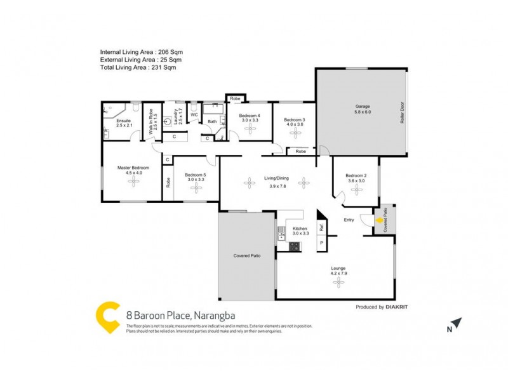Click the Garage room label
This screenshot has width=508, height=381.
pos(363,107)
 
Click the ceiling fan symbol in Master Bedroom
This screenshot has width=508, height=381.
pos(133,182)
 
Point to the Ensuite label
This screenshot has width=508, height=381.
pos(123,121)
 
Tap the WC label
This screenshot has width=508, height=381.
pos(194,115)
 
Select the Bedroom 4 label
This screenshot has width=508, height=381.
pos(250,116)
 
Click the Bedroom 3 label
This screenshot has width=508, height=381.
pos(294,120)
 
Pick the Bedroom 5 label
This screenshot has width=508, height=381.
pos(196,175)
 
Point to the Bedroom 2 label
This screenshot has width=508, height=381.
pos(356,176)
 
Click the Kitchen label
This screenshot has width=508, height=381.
pos(300,229)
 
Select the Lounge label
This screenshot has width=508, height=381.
pos(338,269)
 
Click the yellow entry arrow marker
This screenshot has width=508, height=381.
pos(379,222)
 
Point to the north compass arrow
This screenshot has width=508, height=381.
pos(457,324)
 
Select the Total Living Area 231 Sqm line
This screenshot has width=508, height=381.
pos(137,67)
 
